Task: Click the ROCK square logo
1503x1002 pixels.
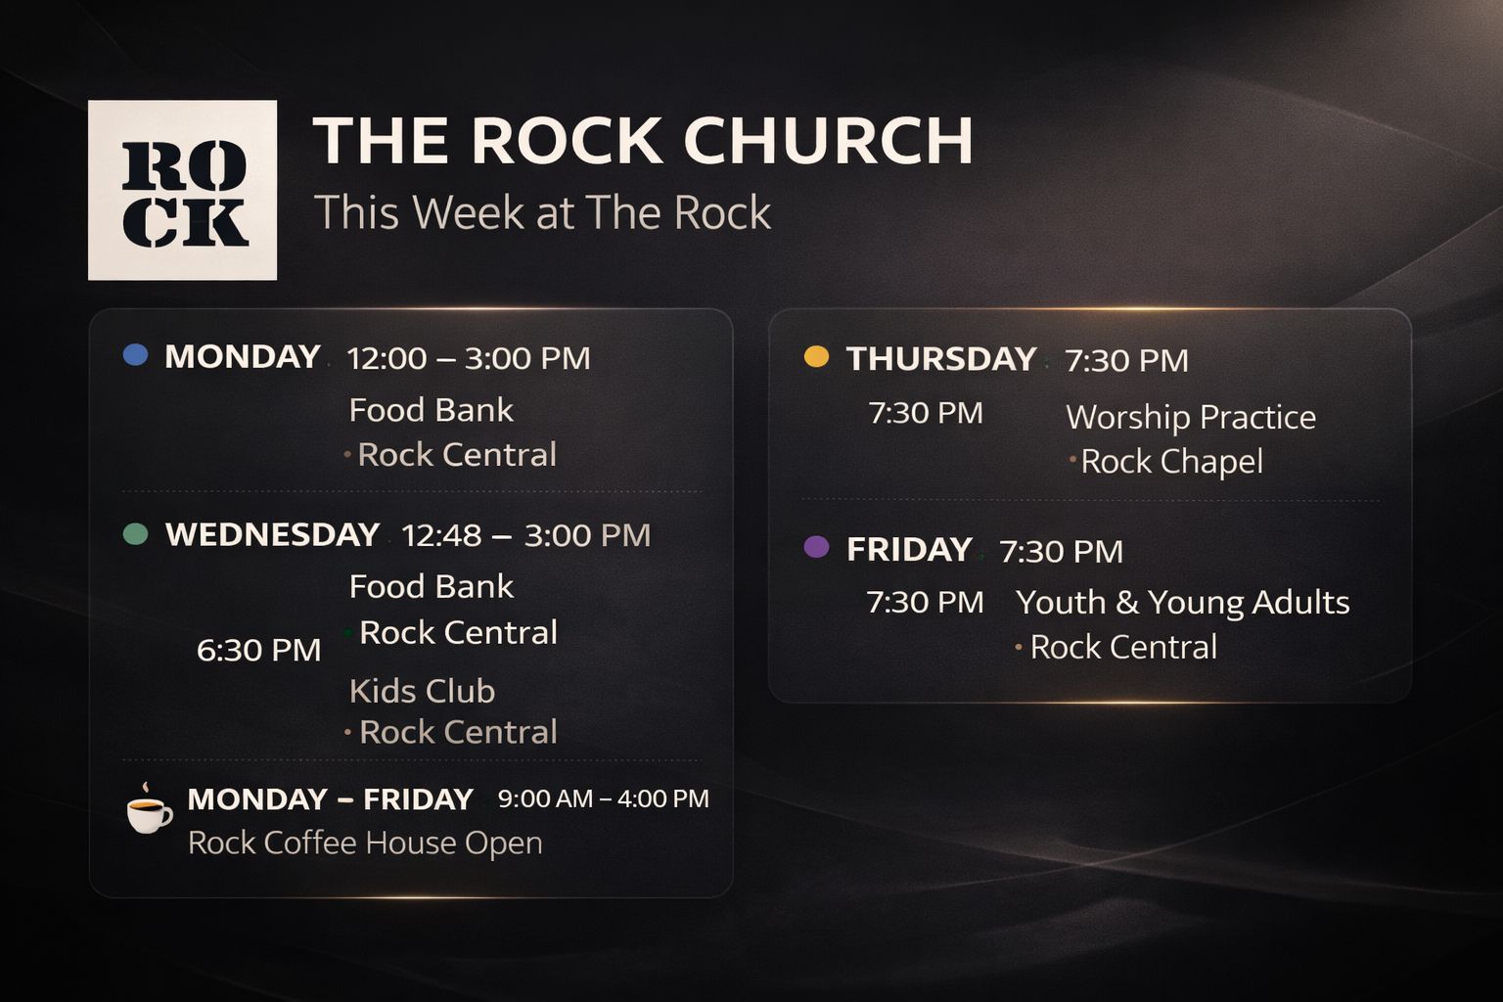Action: [x=182, y=190]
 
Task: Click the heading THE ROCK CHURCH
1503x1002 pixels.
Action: [x=643, y=140]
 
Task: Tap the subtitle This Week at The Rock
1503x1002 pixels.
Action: [x=542, y=212]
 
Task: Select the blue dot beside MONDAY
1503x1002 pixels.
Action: [x=135, y=355]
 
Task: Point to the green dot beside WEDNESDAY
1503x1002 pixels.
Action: [x=135, y=533]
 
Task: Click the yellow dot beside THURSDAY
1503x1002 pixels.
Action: [x=816, y=357]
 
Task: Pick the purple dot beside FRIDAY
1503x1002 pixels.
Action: [x=816, y=547]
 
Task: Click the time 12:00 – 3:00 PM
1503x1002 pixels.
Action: [x=469, y=358]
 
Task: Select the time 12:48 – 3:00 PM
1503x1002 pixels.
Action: [x=525, y=535]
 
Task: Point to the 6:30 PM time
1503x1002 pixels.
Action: [x=258, y=650]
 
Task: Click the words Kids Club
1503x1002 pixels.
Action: [x=422, y=691]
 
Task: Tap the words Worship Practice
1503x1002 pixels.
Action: [x=1190, y=417]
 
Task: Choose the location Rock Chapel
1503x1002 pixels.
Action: [x=1170, y=462]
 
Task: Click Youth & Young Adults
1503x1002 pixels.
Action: [x=1182, y=602]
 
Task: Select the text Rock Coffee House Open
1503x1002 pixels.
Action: [x=365, y=843]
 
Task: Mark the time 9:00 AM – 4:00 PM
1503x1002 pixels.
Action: [x=603, y=798]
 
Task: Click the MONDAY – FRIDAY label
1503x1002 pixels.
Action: [x=330, y=799]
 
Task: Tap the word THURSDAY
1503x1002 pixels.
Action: [x=940, y=359]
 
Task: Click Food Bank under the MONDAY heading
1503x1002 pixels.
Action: [x=431, y=410]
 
